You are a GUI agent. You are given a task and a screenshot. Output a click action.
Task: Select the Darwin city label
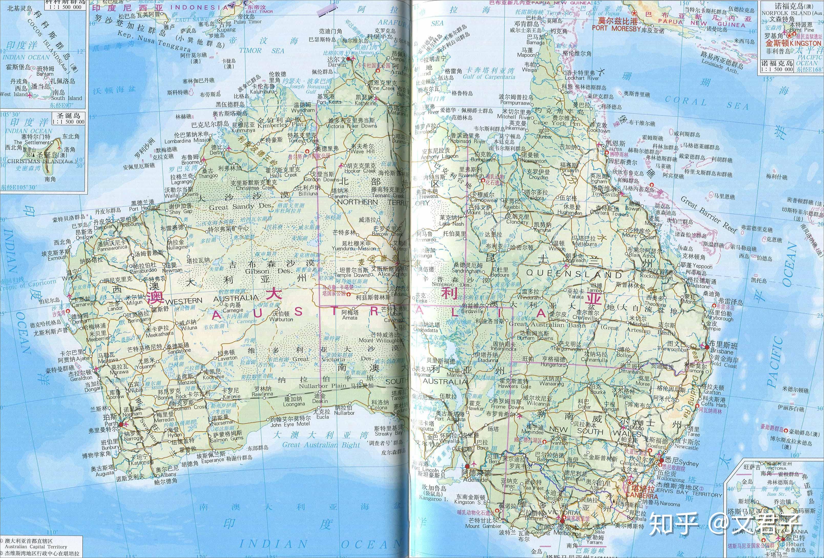pyautogui.click(x=337, y=65)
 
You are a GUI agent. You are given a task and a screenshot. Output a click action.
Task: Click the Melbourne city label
pyautogui.click(x=567, y=533)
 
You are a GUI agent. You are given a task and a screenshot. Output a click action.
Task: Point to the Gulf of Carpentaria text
pyautogui.click(x=489, y=76)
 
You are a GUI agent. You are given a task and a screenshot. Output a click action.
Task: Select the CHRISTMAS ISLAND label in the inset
pyautogui.click(x=42, y=161)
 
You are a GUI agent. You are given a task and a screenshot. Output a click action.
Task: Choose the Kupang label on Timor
pyautogui.click(x=226, y=30)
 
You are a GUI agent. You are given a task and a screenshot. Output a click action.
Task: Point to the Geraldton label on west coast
pyautogui.click(x=81, y=378)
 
